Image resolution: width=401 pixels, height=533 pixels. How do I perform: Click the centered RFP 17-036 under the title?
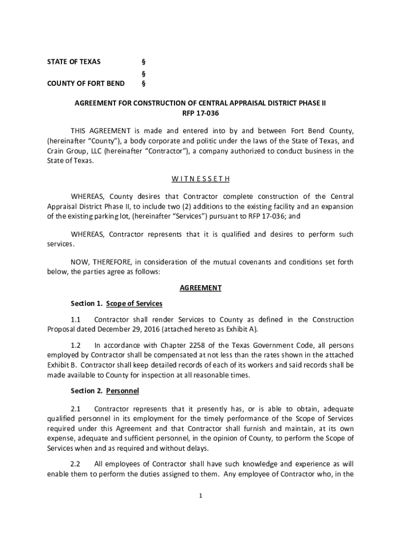point(200,113)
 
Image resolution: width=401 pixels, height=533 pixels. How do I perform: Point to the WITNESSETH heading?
point(200,179)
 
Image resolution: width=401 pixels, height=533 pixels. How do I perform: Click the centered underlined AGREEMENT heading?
point(200,288)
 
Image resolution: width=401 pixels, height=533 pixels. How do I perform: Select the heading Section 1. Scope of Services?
point(117,303)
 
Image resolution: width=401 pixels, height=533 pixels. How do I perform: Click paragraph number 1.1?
point(76,320)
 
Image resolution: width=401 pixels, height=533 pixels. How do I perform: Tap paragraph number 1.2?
point(76,345)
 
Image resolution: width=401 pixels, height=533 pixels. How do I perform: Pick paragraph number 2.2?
point(76,464)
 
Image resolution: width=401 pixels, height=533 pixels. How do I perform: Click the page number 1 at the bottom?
point(200,496)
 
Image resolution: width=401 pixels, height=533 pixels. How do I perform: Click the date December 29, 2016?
point(131,329)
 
